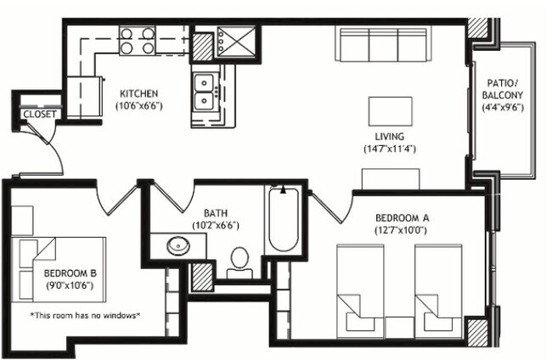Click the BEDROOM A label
[x=403, y=217]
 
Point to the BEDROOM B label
[x=70, y=273]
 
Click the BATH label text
[x=216, y=213]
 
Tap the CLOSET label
[x=39, y=114]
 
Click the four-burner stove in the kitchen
[x=138, y=41]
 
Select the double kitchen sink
[x=205, y=92]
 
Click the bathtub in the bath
[x=282, y=219]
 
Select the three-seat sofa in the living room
[x=382, y=44]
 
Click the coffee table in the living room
[x=390, y=110]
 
